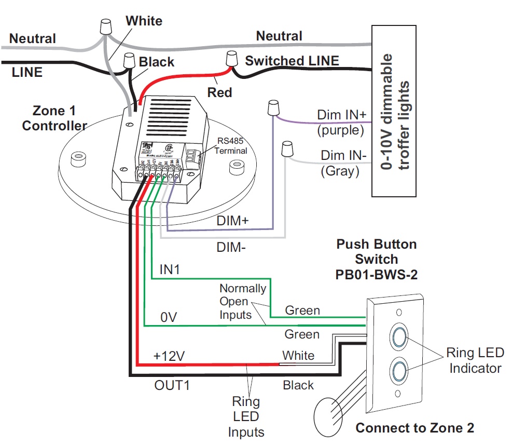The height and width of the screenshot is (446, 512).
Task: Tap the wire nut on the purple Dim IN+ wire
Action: (x=272, y=109)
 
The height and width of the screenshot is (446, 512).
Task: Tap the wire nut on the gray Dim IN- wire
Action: (x=285, y=148)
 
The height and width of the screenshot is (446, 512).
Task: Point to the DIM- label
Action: (x=231, y=247)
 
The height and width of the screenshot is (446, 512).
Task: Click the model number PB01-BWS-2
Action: (x=376, y=274)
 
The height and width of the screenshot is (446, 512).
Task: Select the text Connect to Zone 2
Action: (x=414, y=428)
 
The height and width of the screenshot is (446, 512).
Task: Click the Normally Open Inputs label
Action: (x=242, y=302)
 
